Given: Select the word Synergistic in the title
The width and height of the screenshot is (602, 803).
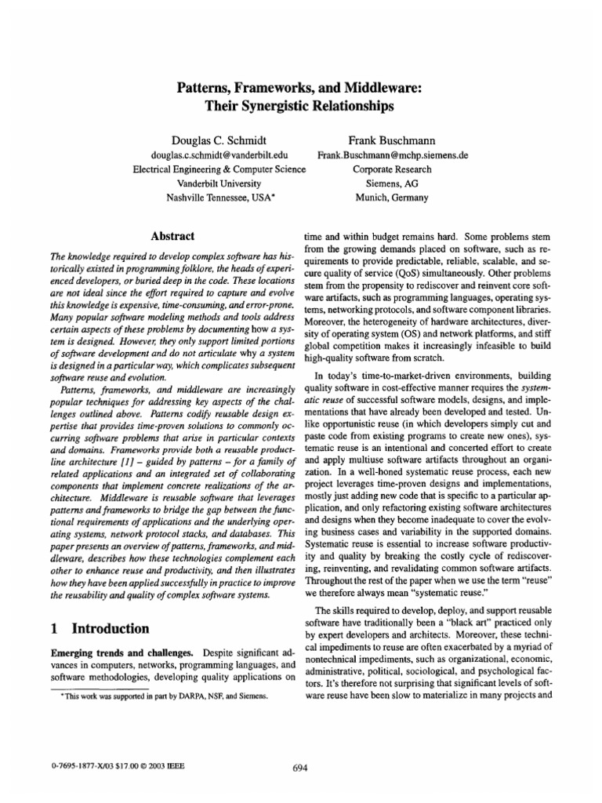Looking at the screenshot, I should coord(283,104).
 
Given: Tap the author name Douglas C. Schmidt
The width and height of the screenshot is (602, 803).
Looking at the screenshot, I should coord(219,139).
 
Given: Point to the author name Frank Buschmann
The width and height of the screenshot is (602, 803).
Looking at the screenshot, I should coord(392,139).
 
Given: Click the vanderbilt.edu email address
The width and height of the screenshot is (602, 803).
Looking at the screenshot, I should coord(219,155).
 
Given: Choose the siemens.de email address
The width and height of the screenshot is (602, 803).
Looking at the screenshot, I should coord(393,155).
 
